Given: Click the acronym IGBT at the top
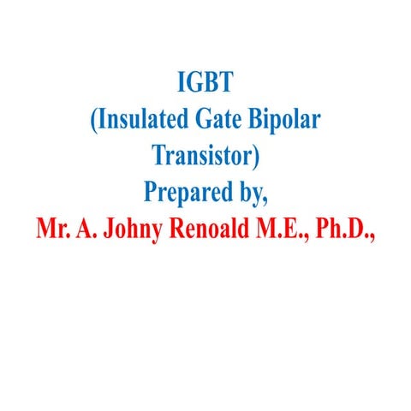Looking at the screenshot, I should point(205,84).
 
